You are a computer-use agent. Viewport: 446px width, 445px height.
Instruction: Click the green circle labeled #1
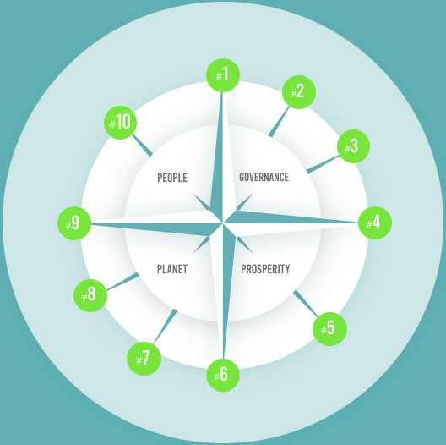pos(223,75)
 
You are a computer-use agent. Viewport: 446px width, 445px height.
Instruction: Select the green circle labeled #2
pos(299,92)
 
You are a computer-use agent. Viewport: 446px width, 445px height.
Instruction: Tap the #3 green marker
pos(354,146)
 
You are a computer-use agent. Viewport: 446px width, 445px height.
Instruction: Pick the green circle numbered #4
pos(375,222)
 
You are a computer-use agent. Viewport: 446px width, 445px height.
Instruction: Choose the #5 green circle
pos(330,329)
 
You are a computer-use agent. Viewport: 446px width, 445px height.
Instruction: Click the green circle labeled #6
pos(223,375)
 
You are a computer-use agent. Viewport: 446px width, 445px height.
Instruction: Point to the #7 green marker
pos(144,359)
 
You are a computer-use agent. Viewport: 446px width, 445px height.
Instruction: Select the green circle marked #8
pos(90,295)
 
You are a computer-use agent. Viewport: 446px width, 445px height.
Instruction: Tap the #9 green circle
pos(74,223)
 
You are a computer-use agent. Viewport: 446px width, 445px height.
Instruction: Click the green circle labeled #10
pos(120,123)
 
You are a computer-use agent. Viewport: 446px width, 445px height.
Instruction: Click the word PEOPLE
pos(172,178)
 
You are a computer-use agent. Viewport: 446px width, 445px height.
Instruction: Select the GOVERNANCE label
pos(264,177)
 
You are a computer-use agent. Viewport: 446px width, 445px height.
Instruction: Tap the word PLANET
pos(172,269)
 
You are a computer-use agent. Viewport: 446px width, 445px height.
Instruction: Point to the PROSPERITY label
pos(265,269)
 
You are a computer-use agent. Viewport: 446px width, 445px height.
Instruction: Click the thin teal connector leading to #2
pos(279,122)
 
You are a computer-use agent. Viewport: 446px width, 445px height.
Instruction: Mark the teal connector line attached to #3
pos(323,164)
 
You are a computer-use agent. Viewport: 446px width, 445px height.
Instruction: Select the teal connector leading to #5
pos(306,303)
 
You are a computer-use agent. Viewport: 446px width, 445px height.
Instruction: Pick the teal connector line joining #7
pos(166,327)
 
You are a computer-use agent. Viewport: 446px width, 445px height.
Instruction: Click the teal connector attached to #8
pos(122,282)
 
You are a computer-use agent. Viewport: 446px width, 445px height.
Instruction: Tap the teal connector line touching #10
pos(142,146)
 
